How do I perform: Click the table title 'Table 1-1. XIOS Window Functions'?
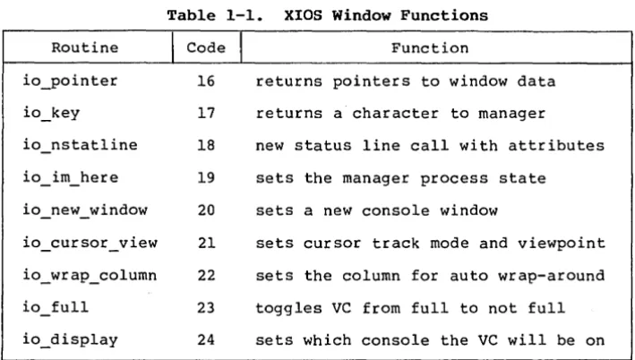(327, 15)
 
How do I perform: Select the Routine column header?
(85, 47)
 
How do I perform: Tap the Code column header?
(206, 47)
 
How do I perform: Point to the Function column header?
(430, 48)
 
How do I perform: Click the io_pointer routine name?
(70, 81)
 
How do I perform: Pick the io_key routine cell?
(51, 114)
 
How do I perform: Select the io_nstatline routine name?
(80, 145)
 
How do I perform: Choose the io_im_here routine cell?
(70, 178)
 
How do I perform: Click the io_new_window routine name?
(85, 210)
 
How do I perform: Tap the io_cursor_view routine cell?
(90, 243)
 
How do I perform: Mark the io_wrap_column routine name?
(90, 275)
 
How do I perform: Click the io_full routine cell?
(56, 307)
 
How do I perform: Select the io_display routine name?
(70, 339)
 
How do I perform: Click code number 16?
(206, 81)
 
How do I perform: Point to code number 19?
(206, 178)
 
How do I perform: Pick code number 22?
(206, 275)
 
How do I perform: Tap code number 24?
(206, 339)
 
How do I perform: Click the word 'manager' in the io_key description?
(511, 114)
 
